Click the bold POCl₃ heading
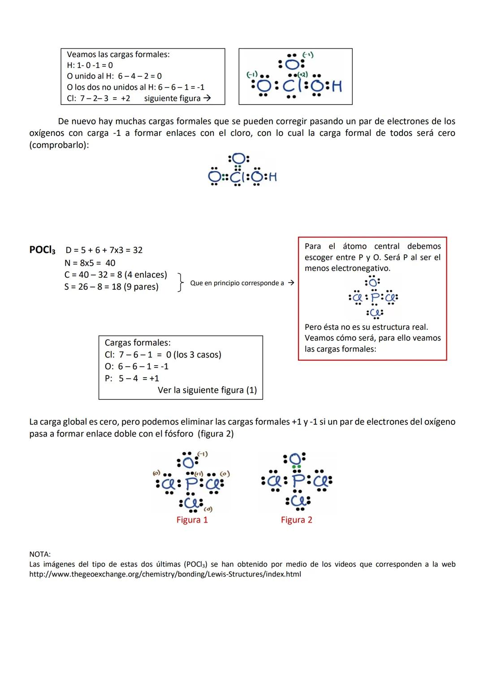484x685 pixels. [x=43, y=250]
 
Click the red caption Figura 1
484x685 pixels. [x=192, y=520]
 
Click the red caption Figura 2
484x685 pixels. [x=296, y=520]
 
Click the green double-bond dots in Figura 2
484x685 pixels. [x=296, y=467]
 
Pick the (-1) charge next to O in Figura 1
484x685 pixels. [x=203, y=454]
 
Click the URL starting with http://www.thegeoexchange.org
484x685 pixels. [x=165, y=574]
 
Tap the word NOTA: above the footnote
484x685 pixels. [x=40, y=554]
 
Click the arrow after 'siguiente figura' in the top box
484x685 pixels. [x=207, y=98]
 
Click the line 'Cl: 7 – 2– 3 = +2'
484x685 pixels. [x=99, y=98]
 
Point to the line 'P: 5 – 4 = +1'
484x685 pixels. [x=132, y=378]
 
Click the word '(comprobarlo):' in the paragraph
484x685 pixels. [x=59, y=146]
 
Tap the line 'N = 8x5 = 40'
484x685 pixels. [x=90, y=263]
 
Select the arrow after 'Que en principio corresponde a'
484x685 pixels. [x=291, y=283]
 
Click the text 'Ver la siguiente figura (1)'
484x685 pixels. [x=207, y=390]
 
